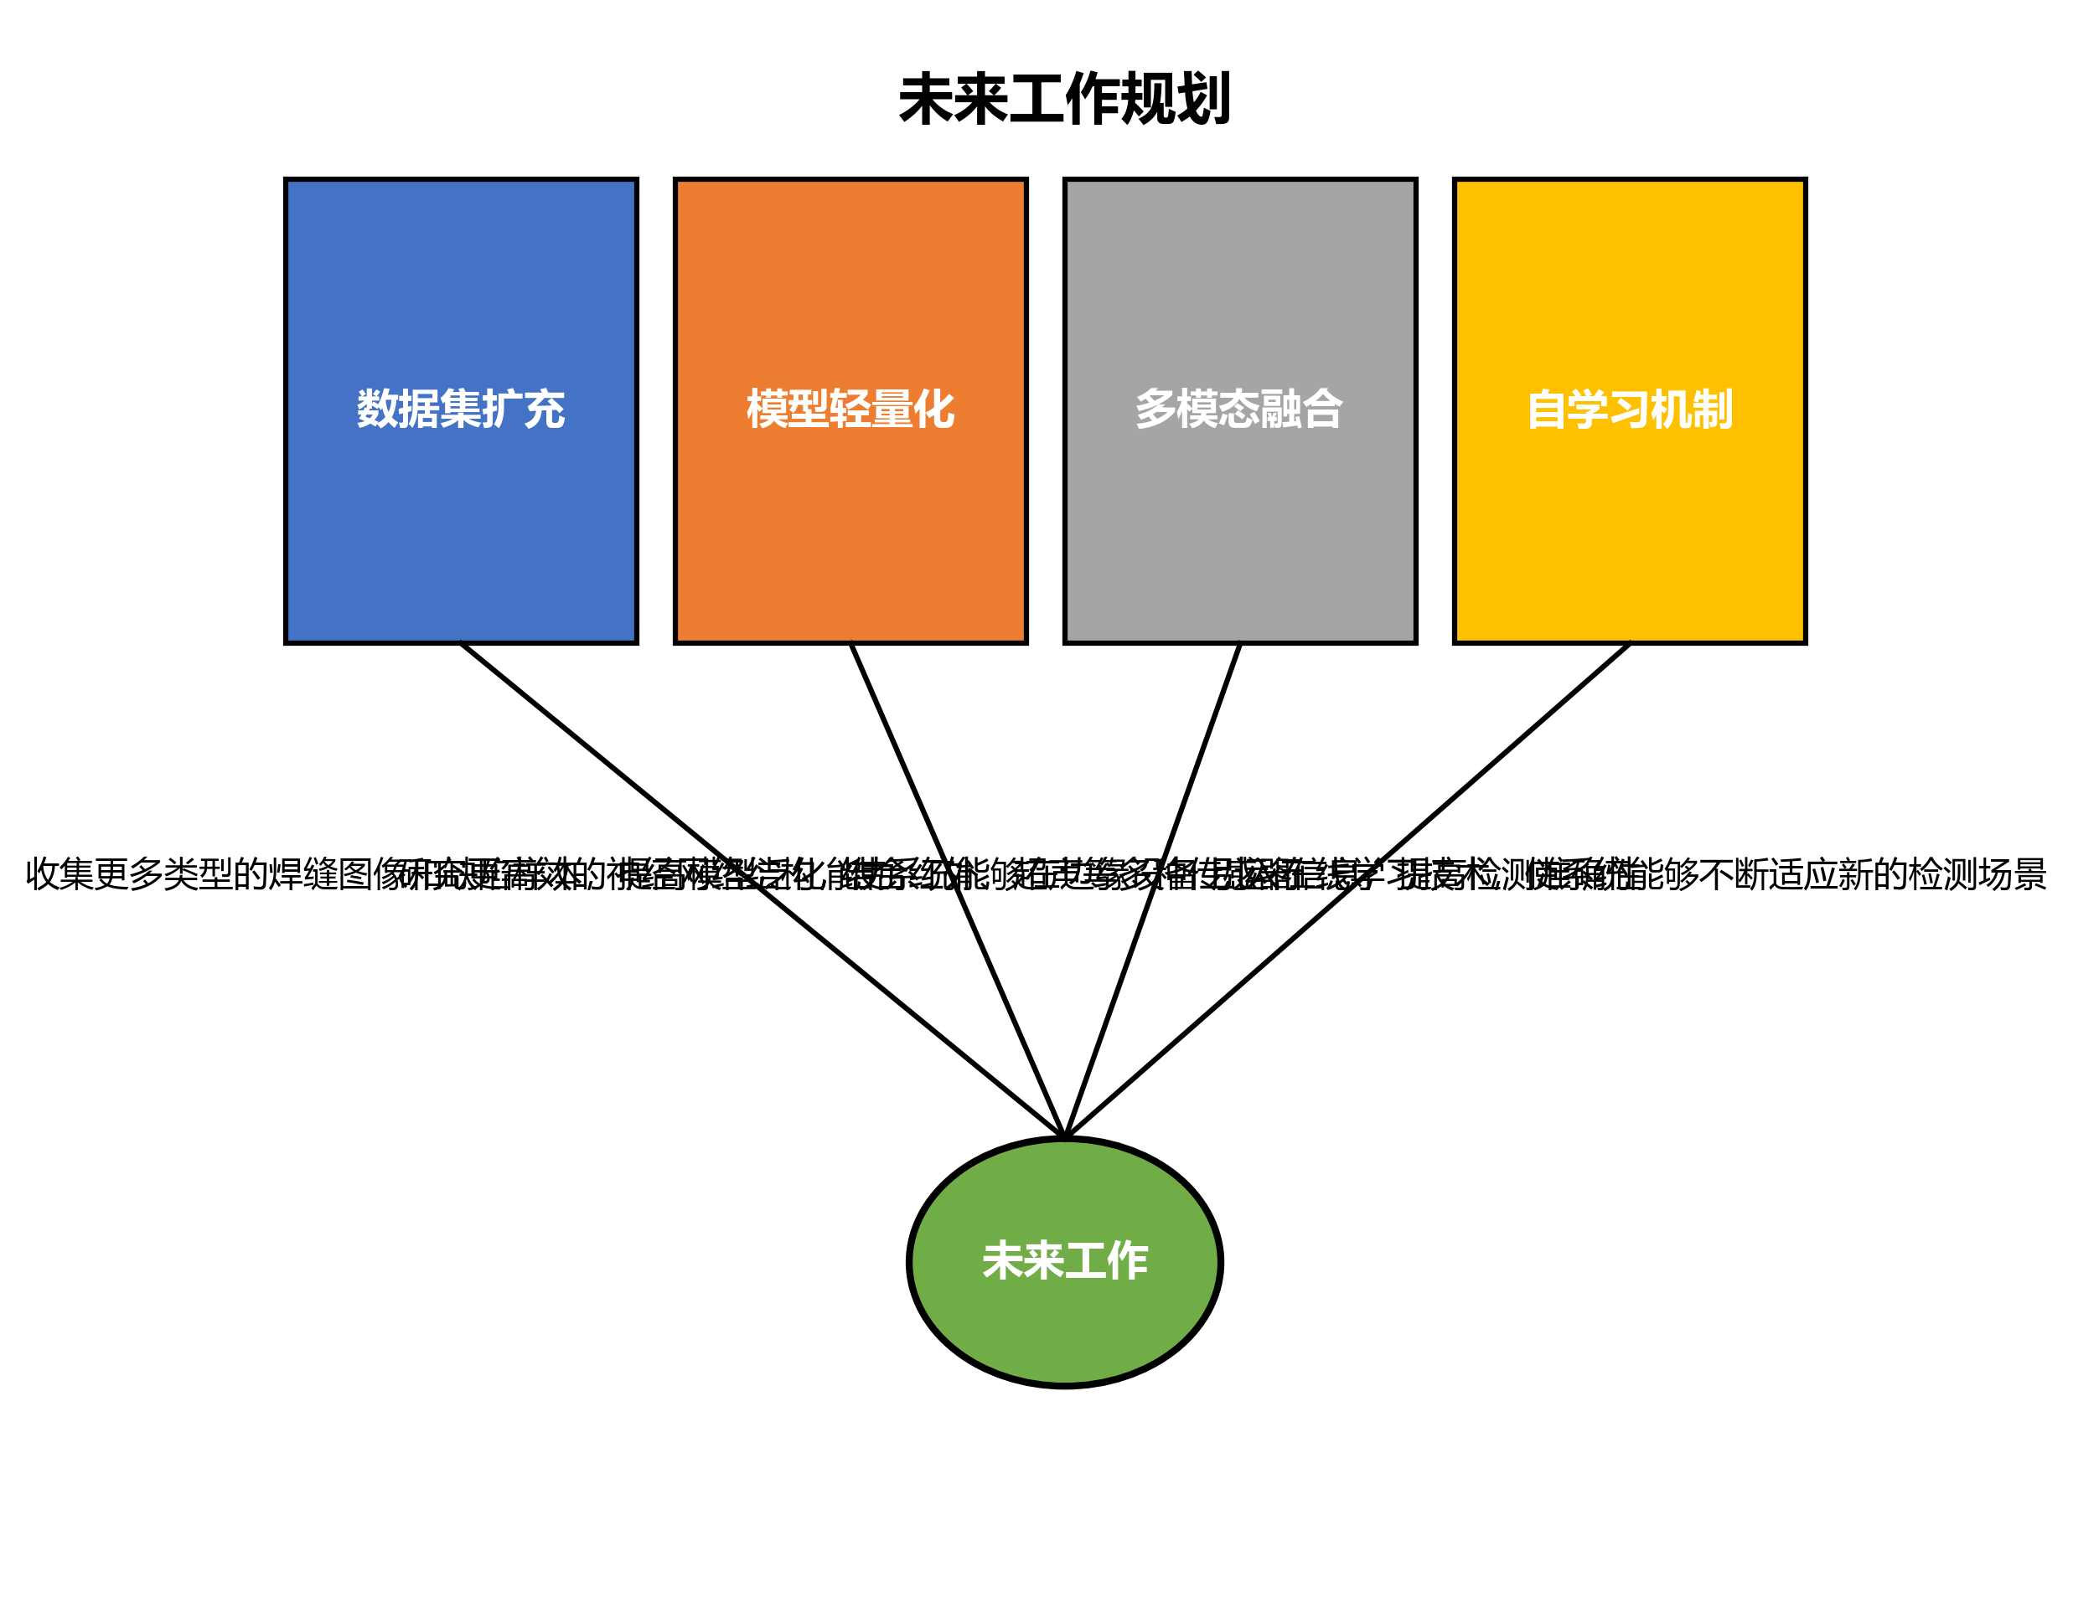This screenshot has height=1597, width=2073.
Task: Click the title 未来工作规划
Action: (1064, 99)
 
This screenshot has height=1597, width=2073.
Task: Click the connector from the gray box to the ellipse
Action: (1201, 759)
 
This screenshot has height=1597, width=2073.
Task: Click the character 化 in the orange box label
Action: (934, 409)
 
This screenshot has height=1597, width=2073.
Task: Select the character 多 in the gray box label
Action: (1156, 409)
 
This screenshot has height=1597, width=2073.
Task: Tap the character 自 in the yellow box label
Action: (1546, 409)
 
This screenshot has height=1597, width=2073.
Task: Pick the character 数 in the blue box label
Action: (378, 409)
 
